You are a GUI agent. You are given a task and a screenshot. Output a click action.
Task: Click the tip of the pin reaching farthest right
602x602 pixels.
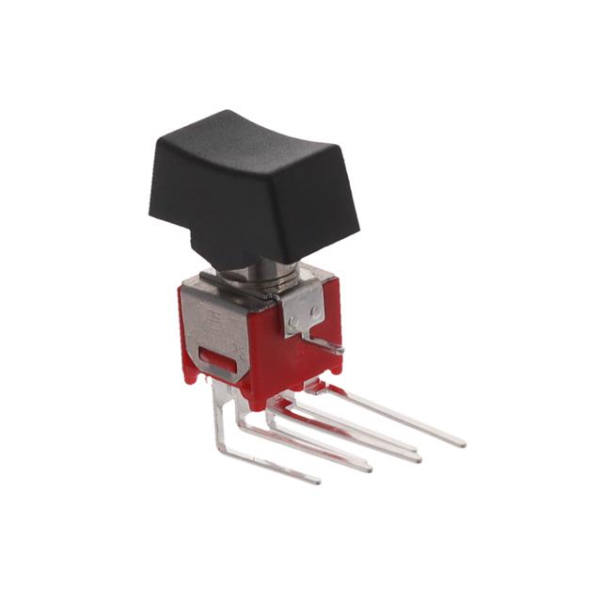(461, 441)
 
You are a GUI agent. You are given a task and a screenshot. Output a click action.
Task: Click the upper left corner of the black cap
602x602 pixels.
(158, 141)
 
